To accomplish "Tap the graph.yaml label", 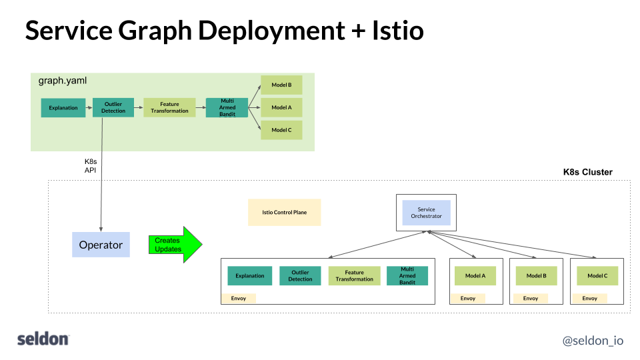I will pyautogui.click(x=63, y=81).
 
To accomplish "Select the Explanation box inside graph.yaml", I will pyautogui.click(x=63, y=107).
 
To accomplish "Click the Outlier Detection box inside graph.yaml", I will pyautogui.click(x=113, y=107).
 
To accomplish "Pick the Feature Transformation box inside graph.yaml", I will pyautogui.click(x=169, y=107).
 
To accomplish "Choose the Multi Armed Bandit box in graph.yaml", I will pyautogui.click(x=227, y=107).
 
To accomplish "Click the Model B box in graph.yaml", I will pyautogui.click(x=281, y=85).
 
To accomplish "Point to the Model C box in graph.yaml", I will pyautogui.click(x=281, y=130).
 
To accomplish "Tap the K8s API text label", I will pyautogui.click(x=91, y=166).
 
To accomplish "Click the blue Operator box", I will pyautogui.click(x=101, y=245).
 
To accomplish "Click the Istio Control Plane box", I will pyautogui.click(x=284, y=212).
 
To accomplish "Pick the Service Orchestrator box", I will pyautogui.click(x=426, y=213).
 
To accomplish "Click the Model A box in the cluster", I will pyautogui.click(x=475, y=275).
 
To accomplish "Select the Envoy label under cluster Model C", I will pyautogui.click(x=590, y=298).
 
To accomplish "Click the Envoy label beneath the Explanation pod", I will pyautogui.click(x=239, y=298).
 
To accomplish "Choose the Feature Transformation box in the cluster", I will pyautogui.click(x=354, y=275).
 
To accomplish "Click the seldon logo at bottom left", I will pyautogui.click(x=43, y=339).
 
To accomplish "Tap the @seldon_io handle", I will pyautogui.click(x=593, y=340).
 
